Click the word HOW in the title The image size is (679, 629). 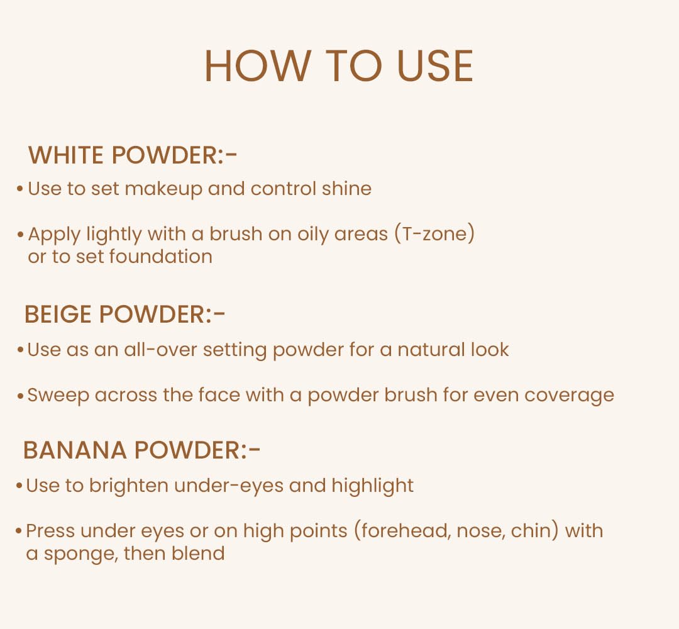click(257, 66)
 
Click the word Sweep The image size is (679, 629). click(58, 395)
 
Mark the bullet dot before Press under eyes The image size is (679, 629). click(19, 532)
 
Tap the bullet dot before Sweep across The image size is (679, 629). click(20, 396)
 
